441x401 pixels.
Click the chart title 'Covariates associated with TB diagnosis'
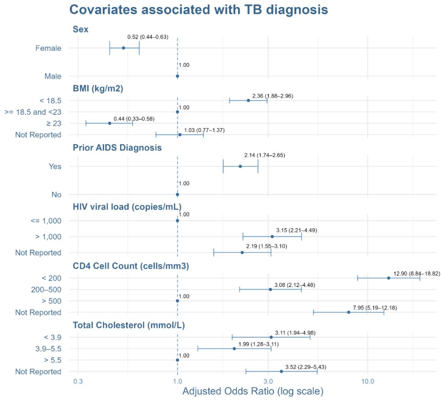198,10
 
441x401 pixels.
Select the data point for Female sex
124,48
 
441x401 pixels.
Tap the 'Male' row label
53,76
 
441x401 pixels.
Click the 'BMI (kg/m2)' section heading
98,89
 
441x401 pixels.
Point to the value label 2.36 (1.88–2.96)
272,96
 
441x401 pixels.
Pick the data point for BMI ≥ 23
109,123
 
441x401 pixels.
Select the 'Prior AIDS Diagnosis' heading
117,147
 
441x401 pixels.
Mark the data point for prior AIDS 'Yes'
240,166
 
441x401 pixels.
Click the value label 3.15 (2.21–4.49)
296,230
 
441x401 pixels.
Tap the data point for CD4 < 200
389,278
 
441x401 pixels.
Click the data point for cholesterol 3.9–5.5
234,349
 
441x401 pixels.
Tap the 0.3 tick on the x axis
78,381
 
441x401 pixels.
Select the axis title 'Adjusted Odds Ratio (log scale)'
253,392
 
